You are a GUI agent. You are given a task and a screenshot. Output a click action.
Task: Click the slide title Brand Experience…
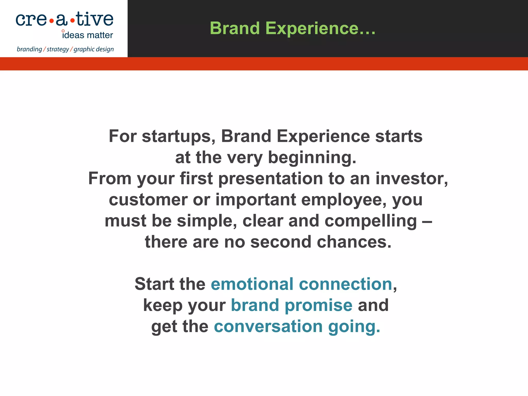click(x=293, y=28)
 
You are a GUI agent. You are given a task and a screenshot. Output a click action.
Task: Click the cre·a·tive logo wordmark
click(x=64, y=20)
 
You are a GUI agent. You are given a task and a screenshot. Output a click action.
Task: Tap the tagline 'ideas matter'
click(x=88, y=35)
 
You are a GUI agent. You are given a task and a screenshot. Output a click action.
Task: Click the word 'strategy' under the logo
click(x=58, y=49)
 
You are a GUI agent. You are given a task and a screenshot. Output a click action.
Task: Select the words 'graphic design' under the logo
click(x=94, y=49)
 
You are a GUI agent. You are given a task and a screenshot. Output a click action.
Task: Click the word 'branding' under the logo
click(x=29, y=49)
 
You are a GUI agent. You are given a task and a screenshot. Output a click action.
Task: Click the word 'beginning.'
click(x=312, y=157)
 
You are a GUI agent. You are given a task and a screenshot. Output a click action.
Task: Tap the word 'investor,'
click(x=412, y=178)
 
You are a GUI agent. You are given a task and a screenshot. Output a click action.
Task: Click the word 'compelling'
click(x=370, y=221)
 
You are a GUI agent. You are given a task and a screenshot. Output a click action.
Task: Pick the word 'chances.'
click(x=354, y=242)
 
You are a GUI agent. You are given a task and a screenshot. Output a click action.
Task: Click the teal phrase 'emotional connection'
click(x=301, y=284)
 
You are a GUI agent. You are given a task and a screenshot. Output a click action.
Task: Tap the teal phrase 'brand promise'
click(x=291, y=305)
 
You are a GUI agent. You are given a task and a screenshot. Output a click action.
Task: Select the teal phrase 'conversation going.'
click(x=297, y=327)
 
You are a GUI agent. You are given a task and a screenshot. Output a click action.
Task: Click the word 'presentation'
click(x=270, y=178)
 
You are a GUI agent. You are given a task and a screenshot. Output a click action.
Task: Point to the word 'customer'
click(x=148, y=200)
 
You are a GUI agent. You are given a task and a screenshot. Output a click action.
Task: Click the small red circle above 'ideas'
click(x=63, y=31)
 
